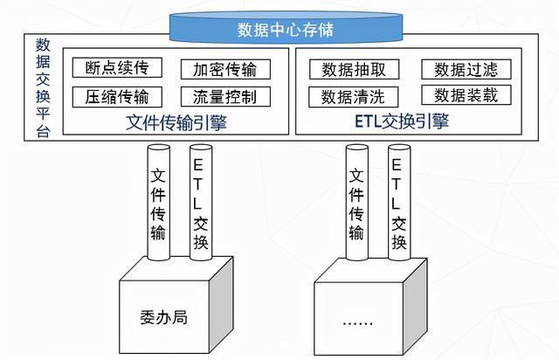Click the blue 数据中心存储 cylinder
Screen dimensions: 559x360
pyautogui.click(x=286, y=28)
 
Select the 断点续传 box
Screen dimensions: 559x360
pyautogui.click(x=117, y=67)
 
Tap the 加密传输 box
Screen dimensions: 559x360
pyautogui.click(x=225, y=69)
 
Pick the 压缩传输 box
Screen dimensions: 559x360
pyautogui.click(x=117, y=97)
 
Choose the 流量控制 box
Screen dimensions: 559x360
pyautogui.click(x=225, y=97)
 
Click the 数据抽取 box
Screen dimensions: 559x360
pyautogui.click(x=354, y=69)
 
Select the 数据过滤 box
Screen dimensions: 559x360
pyautogui.click(x=466, y=69)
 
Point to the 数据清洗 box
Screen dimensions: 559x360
pyautogui.click(x=353, y=97)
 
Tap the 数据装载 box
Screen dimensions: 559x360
pyautogui.click(x=466, y=95)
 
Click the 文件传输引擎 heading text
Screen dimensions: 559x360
pyautogui.click(x=176, y=122)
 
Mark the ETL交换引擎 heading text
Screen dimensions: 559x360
pyautogui.click(x=402, y=121)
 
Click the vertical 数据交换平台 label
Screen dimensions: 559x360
pyautogui.click(x=43, y=87)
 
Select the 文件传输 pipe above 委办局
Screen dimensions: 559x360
pyautogui.click(x=158, y=203)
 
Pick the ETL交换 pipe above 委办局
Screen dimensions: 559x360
pyautogui.click(x=201, y=203)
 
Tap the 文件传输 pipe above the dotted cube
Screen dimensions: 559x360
pyautogui.click(x=357, y=203)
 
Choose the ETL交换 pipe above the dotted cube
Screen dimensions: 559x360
pyautogui.click(x=399, y=203)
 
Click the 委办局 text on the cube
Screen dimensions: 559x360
pyautogui.click(x=163, y=317)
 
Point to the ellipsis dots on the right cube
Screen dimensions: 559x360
pyautogui.click(x=357, y=323)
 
